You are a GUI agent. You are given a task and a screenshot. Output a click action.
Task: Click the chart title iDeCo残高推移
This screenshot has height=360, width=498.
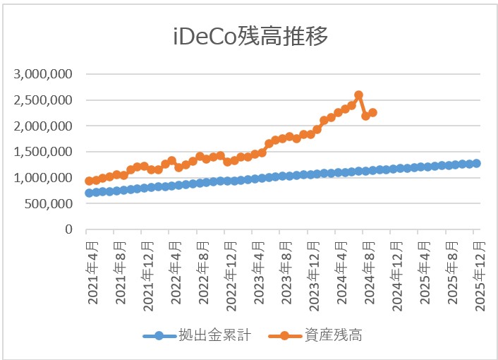pyautogui.click(x=250, y=37)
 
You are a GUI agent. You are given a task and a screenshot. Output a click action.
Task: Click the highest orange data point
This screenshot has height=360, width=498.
pyautogui.click(x=358, y=95)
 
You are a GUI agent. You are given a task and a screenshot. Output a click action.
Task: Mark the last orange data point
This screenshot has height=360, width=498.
pyautogui.click(x=372, y=113)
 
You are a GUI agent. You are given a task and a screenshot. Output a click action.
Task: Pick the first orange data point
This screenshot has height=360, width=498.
pyautogui.click(x=89, y=181)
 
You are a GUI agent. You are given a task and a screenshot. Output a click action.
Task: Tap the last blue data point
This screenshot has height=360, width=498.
pyautogui.click(x=477, y=164)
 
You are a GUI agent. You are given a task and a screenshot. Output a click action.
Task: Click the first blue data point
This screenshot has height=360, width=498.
pyautogui.click(x=89, y=193)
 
